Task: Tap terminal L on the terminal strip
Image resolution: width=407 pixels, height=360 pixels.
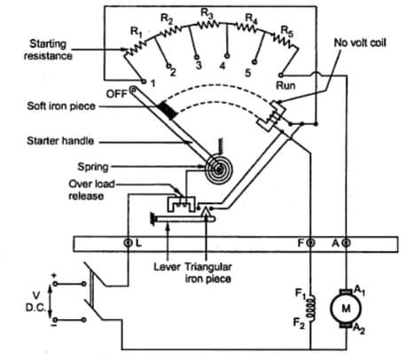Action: click(x=128, y=243)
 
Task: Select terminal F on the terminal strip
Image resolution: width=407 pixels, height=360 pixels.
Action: click(x=310, y=243)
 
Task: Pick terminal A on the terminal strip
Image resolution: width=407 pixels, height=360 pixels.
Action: click(x=346, y=243)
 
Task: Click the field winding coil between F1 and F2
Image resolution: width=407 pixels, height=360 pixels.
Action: click(x=311, y=308)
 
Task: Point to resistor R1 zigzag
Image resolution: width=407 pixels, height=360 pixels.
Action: click(x=135, y=48)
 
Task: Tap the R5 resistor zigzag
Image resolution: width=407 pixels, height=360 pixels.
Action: click(x=285, y=41)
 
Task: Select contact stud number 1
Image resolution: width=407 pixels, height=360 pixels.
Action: click(x=144, y=82)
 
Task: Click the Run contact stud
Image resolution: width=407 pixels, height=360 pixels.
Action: click(x=281, y=75)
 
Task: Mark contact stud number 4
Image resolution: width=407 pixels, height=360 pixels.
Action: click(x=227, y=56)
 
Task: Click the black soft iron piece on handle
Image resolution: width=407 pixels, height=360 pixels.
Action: click(x=168, y=110)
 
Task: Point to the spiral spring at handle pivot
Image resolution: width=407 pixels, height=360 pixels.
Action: click(x=219, y=169)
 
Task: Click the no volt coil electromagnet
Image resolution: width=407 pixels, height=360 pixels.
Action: click(x=272, y=116)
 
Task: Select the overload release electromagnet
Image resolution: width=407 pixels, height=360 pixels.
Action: click(x=182, y=204)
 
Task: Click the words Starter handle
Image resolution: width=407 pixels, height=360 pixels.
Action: click(x=60, y=141)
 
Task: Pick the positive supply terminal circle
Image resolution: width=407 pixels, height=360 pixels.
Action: click(x=55, y=284)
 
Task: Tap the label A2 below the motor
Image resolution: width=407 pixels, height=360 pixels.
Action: click(x=359, y=328)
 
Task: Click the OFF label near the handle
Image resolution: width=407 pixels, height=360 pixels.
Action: click(x=117, y=94)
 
